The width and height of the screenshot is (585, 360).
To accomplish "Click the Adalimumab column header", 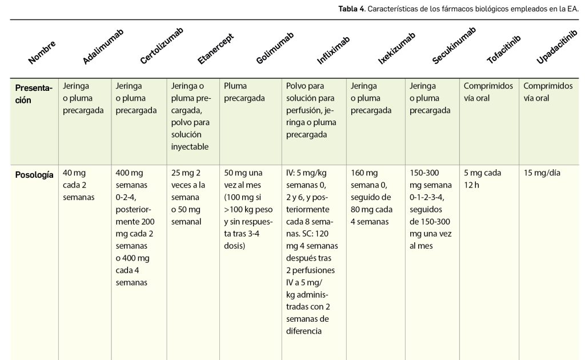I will pyautogui.click(x=103, y=46).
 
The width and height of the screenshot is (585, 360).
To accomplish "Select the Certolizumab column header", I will pyautogui.click(x=162, y=46).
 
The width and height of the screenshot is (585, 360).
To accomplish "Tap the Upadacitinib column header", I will pyautogui.click(x=554, y=47).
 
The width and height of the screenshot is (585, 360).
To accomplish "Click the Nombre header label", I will pyautogui.click(x=42, y=53).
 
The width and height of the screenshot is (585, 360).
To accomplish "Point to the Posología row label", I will pyautogui.click(x=34, y=174).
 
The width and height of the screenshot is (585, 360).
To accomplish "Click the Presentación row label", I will pyautogui.click(x=34, y=93).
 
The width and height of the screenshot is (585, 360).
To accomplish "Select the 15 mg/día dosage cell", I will pyautogui.click(x=542, y=173).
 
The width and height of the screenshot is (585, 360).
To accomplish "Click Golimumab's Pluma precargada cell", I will pyautogui.click(x=245, y=92).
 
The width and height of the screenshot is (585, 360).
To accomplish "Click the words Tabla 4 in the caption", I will pyautogui.click(x=351, y=9).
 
